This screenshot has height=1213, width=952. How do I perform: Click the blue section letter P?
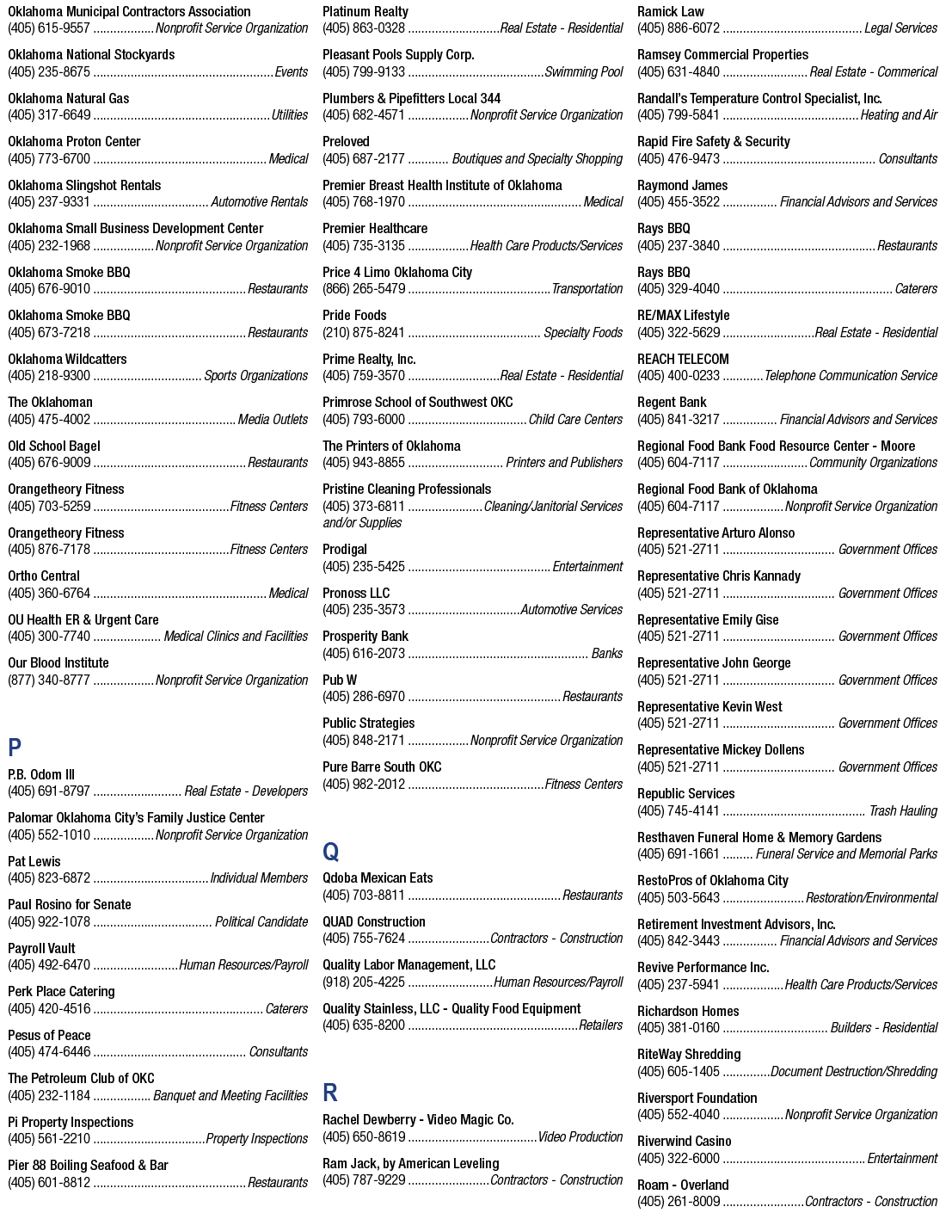coord(15,747)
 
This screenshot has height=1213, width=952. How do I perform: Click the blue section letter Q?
coord(330,852)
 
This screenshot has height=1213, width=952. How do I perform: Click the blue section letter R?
coord(329,1093)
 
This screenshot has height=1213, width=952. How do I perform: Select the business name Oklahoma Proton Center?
coord(74,142)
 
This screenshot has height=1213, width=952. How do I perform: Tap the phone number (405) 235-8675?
coord(49,72)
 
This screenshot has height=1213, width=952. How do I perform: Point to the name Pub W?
coord(340,680)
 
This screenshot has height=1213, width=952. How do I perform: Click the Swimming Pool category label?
coord(584,72)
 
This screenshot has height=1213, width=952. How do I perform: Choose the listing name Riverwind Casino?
coord(685,1142)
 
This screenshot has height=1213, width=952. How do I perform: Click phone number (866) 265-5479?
coord(364,288)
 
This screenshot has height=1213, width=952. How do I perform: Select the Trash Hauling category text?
coord(903,810)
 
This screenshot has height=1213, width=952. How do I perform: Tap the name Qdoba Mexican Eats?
coord(378,878)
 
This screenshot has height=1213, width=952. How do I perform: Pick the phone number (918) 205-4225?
coord(364,982)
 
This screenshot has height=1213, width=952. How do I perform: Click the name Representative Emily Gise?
coord(708,620)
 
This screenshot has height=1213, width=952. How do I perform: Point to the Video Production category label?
coord(580,1137)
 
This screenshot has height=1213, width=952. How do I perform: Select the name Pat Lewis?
coord(34,861)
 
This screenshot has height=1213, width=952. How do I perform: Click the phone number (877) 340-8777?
coord(49,680)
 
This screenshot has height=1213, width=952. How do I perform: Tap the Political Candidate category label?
coord(261,921)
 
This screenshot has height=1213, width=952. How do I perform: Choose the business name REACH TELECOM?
coord(683,359)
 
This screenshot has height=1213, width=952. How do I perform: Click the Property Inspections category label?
coord(256,1139)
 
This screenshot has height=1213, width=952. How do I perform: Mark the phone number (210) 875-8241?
coord(364,333)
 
